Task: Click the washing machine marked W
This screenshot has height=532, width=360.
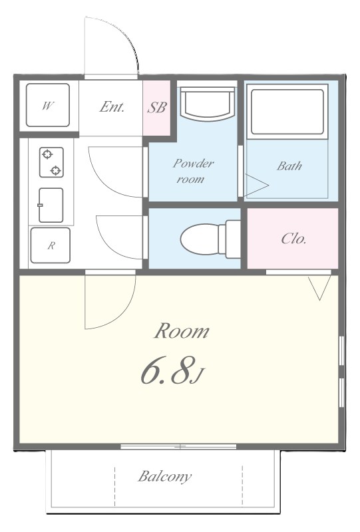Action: pos(48,105)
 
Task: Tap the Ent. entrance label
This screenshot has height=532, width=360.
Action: pos(112,107)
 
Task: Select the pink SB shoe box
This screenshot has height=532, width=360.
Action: pos(156,108)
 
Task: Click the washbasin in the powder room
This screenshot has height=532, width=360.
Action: pos(208,104)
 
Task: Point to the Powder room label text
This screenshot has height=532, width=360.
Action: pos(193,172)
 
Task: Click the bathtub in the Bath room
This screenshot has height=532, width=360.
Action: pos(287,112)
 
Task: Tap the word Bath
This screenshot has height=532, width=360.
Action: pos(289,166)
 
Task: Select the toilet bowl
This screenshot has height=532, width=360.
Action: pos(200,238)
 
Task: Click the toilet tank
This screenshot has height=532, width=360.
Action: pos(233,239)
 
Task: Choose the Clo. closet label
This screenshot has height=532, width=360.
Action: pos(293,239)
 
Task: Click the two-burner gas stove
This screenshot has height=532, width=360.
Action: pos(51,162)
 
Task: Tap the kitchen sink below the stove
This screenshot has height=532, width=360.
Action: pos(51,205)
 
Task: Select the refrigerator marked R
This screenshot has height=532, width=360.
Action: pos(51,245)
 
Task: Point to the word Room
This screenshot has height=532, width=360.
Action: pos(182,331)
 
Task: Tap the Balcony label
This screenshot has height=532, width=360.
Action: pos(165,476)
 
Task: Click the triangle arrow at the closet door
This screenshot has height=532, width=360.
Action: pos(319,288)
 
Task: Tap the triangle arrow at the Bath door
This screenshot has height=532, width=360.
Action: pos(256,186)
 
